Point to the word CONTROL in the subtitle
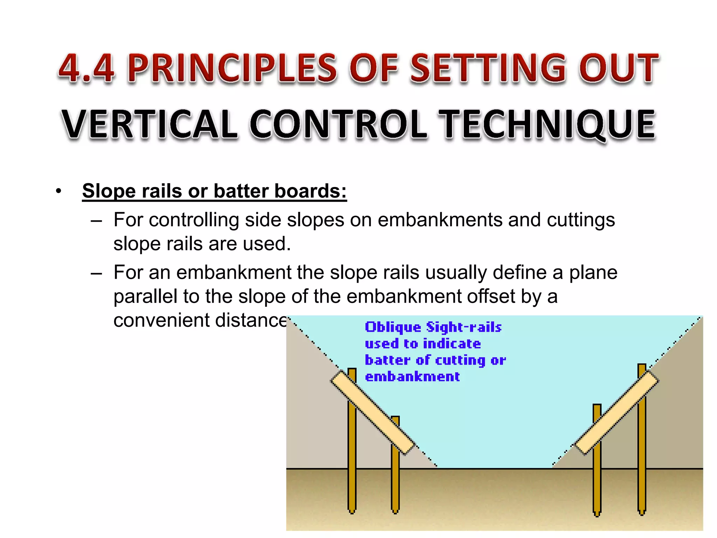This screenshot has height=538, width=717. pyautogui.click(x=338, y=124)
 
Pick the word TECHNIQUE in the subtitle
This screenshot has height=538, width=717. pyautogui.click(x=547, y=124)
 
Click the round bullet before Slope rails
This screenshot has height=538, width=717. pyautogui.click(x=58, y=191)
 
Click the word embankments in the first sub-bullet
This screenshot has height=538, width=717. pyautogui.click(x=440, y=220)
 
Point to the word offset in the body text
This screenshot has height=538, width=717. pyautogui.click(x=492, y=296)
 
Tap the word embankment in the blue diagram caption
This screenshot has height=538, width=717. pyautogui.click(x=412, y=377)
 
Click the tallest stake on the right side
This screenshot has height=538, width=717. pyautogui.click(x=642, y=455)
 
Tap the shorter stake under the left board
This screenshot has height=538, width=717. pyautogui.click(x=395, y=483)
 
